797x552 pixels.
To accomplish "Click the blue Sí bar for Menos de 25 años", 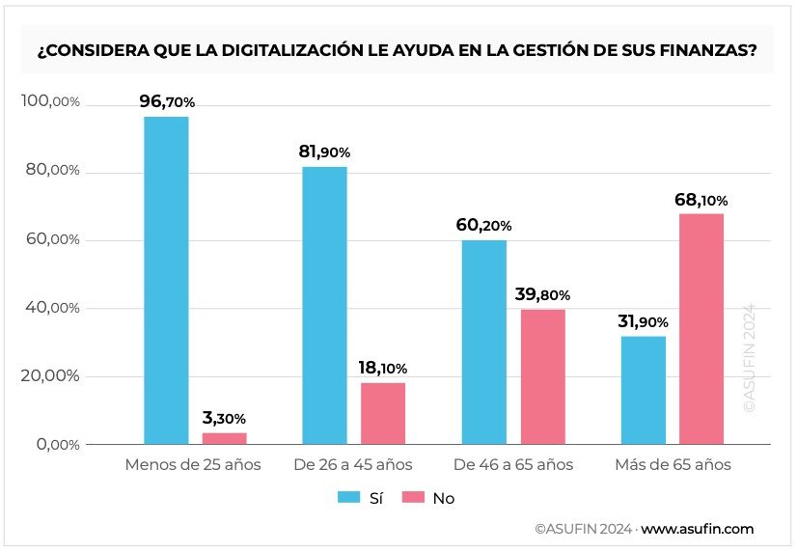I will (166, 280).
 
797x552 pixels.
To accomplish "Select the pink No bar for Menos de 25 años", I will (225, 438).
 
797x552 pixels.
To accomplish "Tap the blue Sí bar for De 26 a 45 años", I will (324, 305).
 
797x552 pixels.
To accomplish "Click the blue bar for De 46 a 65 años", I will (483, 342).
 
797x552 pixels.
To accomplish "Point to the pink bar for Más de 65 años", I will (701, 328).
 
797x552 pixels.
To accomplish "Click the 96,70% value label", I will (166, 101).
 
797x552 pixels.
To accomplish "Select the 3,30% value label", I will (224, 419).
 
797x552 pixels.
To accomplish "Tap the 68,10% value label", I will (701, 200).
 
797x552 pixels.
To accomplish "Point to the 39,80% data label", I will (542, 294).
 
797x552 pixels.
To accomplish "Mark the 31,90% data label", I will (643, 321).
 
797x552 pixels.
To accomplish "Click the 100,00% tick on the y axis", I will (50, 102).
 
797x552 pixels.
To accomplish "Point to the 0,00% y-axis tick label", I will (57, 444).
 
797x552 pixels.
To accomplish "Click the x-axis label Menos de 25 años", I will (193, 465).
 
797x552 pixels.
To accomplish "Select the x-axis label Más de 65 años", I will (673, 465).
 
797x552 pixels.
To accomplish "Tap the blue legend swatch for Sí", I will (347, 498).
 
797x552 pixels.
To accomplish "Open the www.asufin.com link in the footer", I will (697, 529).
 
